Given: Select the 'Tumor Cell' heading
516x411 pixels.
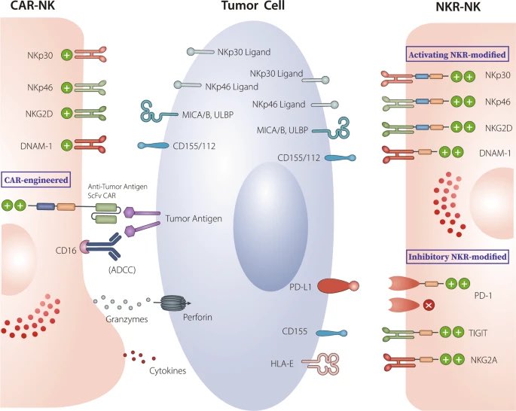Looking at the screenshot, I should point(257,8).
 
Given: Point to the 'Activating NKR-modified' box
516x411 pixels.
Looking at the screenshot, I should point(458,55).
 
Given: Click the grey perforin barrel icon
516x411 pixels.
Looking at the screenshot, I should point(175,303).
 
